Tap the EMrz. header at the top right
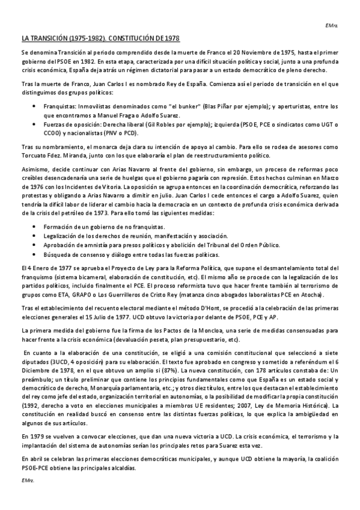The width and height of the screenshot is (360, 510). pos(332,25)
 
